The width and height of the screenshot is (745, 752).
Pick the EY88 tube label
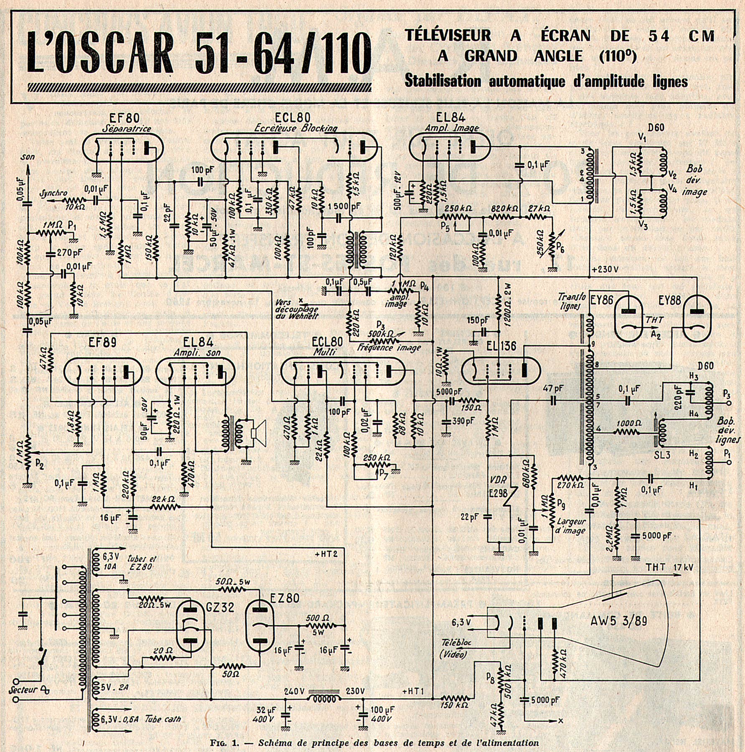click(x=669, y=300)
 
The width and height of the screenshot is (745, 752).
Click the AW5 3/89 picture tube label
click(x=618, y=621)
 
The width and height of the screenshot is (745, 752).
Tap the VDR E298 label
click(x=498, y=486)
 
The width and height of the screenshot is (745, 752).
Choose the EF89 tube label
click(x=102, y=343)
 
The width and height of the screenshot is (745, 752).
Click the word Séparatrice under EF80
click(x=127, y=129)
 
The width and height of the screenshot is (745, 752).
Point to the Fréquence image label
click(x=389, y=348)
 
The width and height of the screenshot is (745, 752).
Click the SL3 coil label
click(x=662, y=455)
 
